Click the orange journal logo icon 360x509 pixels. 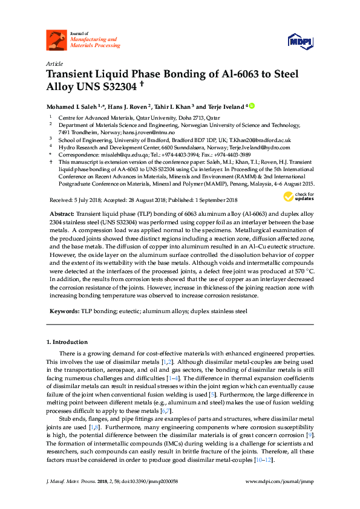coord(56,41)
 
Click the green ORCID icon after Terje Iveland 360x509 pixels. coord(252,105)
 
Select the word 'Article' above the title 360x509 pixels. coord(54,64)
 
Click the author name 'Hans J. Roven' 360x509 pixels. coord(128,106)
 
